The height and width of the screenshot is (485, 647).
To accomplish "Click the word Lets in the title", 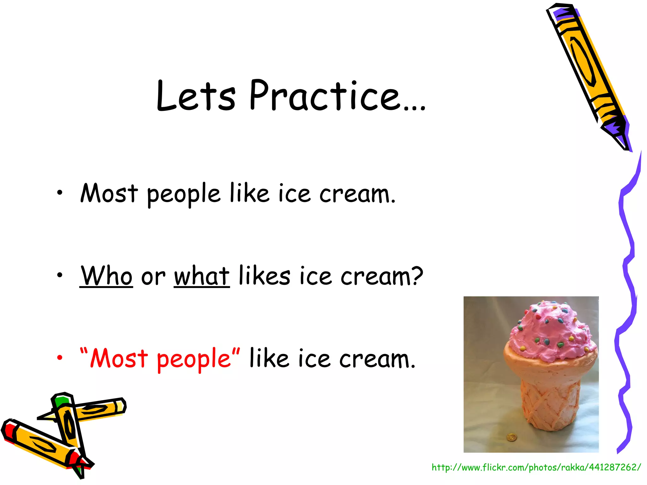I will coord(196,95).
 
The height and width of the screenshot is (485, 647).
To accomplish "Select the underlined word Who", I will coord(106,276).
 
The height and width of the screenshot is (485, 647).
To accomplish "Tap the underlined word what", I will coord(202,276).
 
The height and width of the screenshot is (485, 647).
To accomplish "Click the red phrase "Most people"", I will coord(160,359).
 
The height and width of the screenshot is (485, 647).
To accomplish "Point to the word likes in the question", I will coord(264,275).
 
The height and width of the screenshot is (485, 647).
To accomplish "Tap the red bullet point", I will coord(60,358).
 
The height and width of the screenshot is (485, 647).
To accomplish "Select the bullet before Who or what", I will coord(60,275).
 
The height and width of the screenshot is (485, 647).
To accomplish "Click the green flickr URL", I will coord(536,467).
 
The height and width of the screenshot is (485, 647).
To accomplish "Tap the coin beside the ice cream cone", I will coord(511,438).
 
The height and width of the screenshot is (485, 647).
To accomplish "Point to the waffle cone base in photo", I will coord(550,404).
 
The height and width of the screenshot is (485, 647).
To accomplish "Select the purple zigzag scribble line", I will coord(627,284).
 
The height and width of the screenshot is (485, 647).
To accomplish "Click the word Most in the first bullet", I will coord(109,193).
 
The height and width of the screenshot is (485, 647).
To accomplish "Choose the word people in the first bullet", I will coord(184,194).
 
